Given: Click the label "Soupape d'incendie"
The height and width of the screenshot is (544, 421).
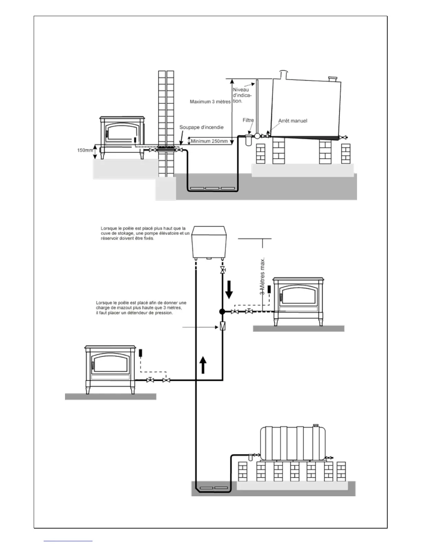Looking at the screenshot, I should pyautogui.click(x=201, y=127).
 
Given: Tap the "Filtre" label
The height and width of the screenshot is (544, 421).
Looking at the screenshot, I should pyautogui.click(x=248, y=120).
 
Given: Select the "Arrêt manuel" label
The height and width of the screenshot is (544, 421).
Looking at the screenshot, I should pyautogui.click(x=292, y=121).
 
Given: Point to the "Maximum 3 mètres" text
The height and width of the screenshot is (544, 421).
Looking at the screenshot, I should pyautogui.click(x=210, y=102).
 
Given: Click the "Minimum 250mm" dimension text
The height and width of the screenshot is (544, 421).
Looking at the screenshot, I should pyautogui.click(x=209, y=141).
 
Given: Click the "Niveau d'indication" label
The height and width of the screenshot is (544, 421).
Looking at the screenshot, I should pyautogui.click(x=242, y=95).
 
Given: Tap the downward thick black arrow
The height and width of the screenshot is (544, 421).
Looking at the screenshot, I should pyautogui.click(x=229, y=290).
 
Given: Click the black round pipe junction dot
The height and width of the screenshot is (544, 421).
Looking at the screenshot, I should pyautogui.click(x=222, y=312).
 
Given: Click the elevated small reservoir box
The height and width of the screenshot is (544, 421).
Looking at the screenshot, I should pyautogui.click(x=209, y=241).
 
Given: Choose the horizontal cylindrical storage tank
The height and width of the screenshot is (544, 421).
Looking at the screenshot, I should pyautogui.click(x=293, y=443).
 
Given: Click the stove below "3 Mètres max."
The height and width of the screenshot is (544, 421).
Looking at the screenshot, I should pyautogui.click(x=298, y=300).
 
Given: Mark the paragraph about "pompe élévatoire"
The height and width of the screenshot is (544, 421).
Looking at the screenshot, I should pyautogui.click(x=145, y=233).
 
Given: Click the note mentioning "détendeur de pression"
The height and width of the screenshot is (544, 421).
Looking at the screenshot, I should pyautogui.click(x=141, y=308).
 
